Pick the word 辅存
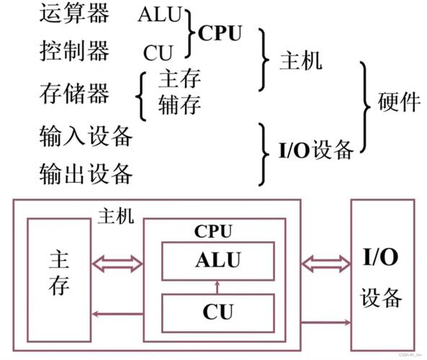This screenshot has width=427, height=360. click(179, 105)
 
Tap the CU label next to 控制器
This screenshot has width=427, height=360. click(158, 53)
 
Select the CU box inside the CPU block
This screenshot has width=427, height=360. click(217, 312)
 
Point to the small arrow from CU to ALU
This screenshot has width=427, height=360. click(217, 287)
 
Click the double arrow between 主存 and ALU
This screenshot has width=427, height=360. click(117, 263)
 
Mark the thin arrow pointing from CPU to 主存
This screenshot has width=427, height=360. click(117, 313)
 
